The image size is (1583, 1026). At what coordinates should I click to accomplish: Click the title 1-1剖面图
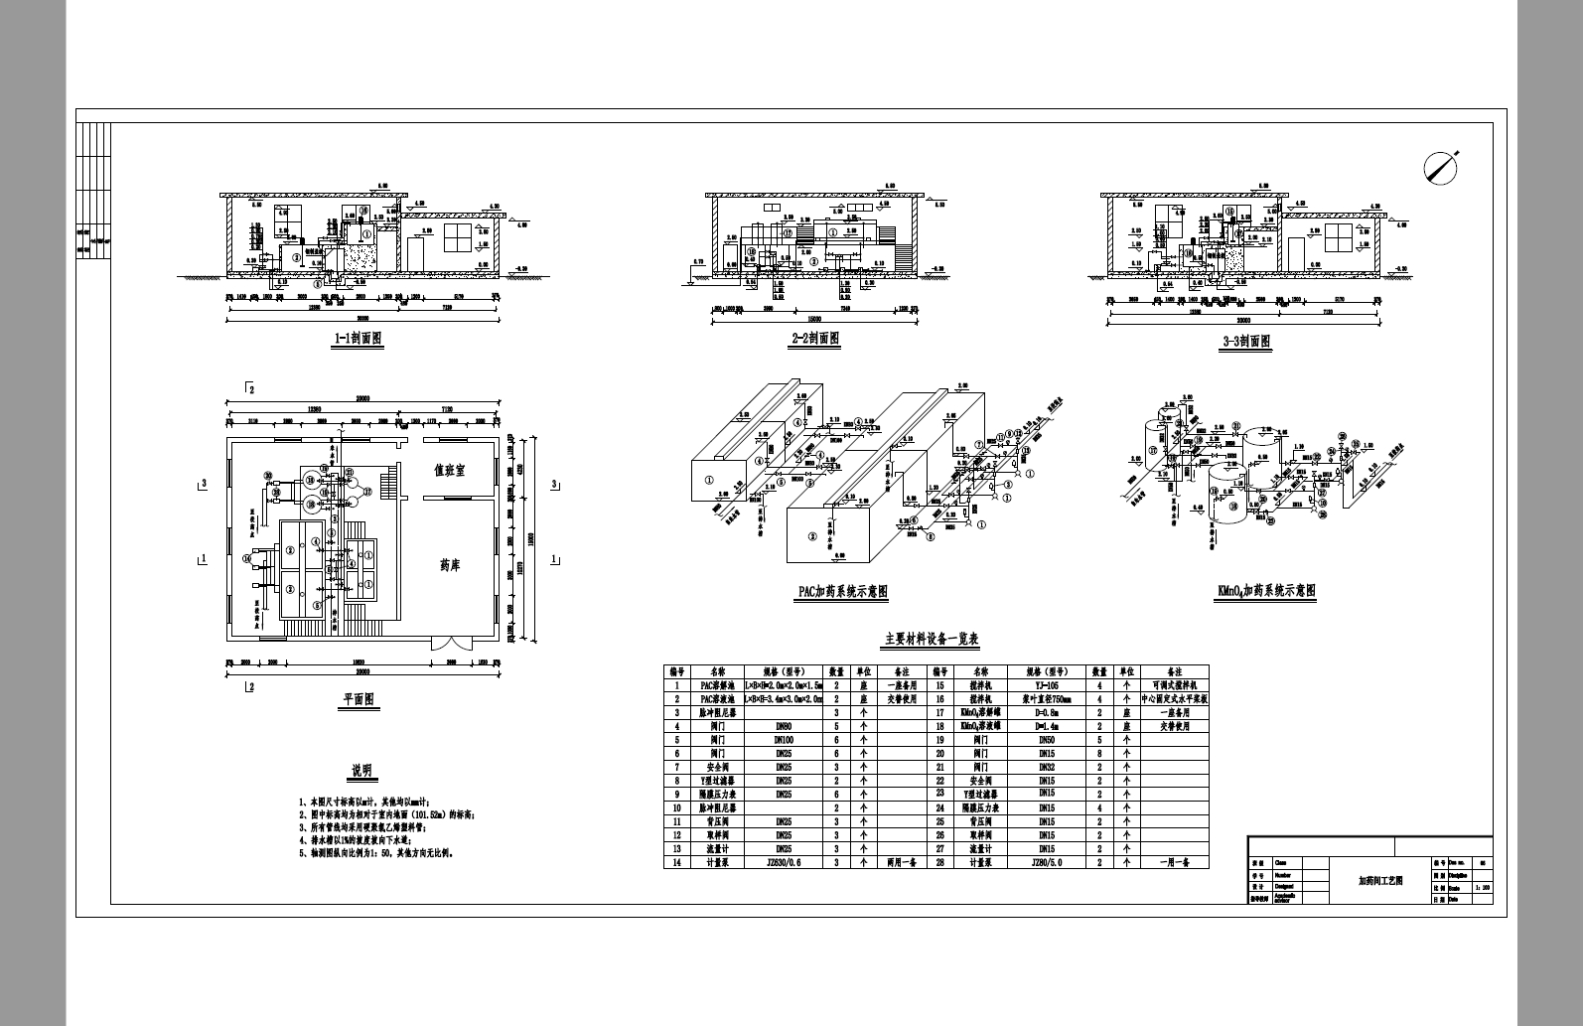358,339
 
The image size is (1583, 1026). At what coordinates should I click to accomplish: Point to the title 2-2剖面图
814,339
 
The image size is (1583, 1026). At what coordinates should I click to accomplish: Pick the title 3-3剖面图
1246,341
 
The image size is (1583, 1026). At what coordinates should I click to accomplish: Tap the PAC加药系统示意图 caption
842,592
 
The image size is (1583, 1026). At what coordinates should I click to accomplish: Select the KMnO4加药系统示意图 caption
1266,591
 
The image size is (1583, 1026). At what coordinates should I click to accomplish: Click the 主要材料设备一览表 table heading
932,640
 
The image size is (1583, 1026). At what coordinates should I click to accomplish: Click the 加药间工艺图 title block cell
1380,880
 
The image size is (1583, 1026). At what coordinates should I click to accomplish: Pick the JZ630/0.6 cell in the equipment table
784,862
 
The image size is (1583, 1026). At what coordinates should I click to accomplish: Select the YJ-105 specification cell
1047,685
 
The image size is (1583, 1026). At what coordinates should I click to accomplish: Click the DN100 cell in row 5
784,740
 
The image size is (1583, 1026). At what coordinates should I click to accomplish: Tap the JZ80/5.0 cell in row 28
1047,862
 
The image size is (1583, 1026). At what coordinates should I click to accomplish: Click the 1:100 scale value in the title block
1483,888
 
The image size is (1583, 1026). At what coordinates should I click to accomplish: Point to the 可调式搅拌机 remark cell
1174,685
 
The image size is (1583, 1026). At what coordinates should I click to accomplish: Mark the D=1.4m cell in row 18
1047,726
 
